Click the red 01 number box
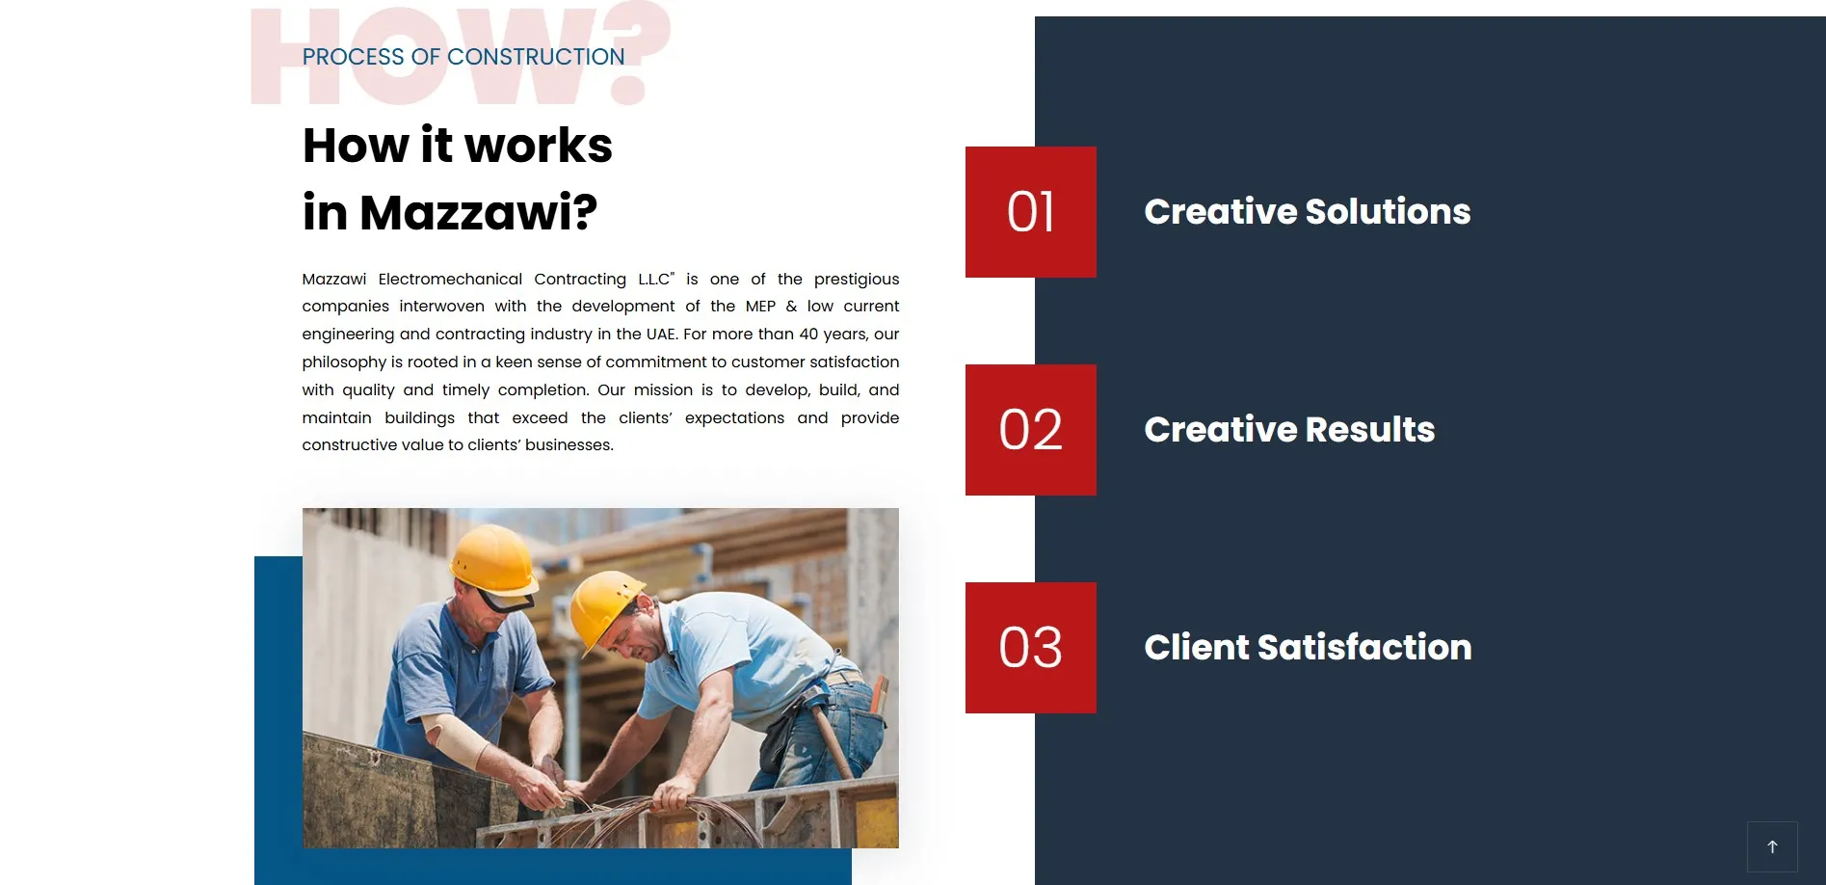(1030, 212)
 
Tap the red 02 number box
(1030, 430)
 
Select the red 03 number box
(1030, 648)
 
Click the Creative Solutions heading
(1307, 212)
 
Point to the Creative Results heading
(1288, 430)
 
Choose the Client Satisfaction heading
(1307, 648)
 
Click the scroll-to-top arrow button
(1771, 846)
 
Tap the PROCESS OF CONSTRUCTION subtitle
(463, 57)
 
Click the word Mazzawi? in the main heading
(478, 212)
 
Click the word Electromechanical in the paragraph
(450, 280)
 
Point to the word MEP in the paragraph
(760, 307)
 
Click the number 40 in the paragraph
(808, 335)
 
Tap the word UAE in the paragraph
(661, 335)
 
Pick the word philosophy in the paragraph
(344, 362)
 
